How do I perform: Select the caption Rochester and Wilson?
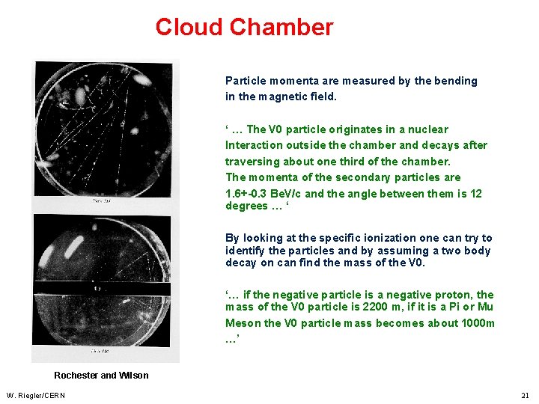click(x=101, y=376)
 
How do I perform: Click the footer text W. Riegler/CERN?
click(x=35, y=395)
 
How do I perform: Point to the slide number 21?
click(x=524, y=395)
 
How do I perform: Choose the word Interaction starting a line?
click(x=254, y=145)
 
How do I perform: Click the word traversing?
click(x=252, y=162)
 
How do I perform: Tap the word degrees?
click(x=246, y=206)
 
